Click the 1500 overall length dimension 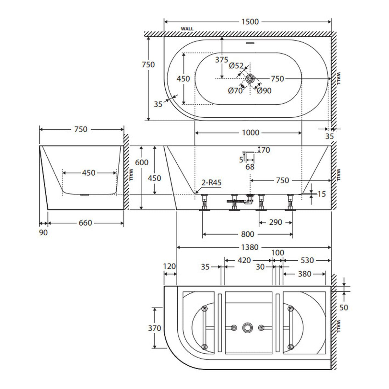click(x=250, y=22)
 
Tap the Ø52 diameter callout click(x=236, y=65)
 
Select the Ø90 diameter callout click(x=264, y=91)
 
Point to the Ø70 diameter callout click(x=235, y=91)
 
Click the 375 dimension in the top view click(x=221, y=60)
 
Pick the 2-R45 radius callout click(x=211, y=183)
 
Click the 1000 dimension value click(x=251, y=133)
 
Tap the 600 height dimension click(x=142, y=162)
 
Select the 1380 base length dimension click(x=250, y=247)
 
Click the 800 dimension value click(x=247, y=234)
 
